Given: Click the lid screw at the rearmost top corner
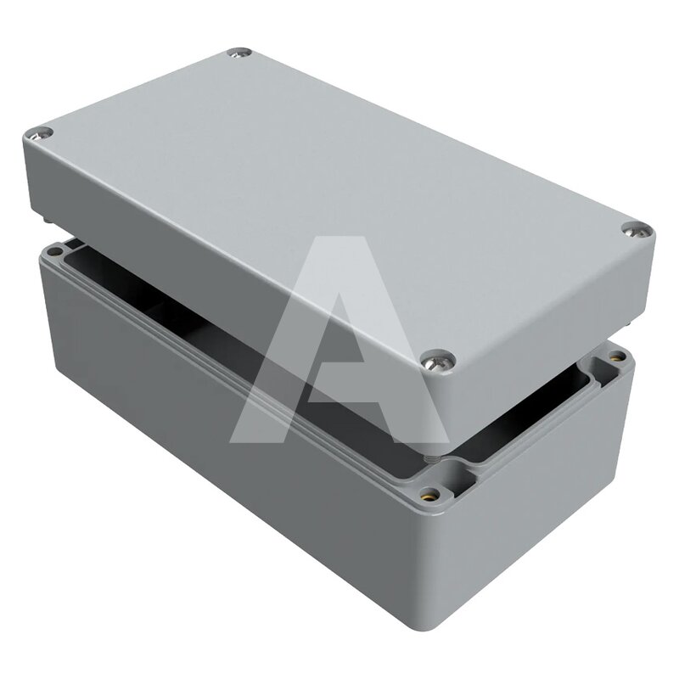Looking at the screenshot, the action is (239, 53).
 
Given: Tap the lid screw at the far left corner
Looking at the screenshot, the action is (38, 134).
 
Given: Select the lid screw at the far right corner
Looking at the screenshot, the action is (637, 230).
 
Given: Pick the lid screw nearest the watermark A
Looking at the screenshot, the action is (438, 359).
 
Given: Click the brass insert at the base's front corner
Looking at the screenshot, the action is (429, 493).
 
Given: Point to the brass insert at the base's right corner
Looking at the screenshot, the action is (617, 357).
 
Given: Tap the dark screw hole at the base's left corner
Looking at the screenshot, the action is (55, 251).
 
